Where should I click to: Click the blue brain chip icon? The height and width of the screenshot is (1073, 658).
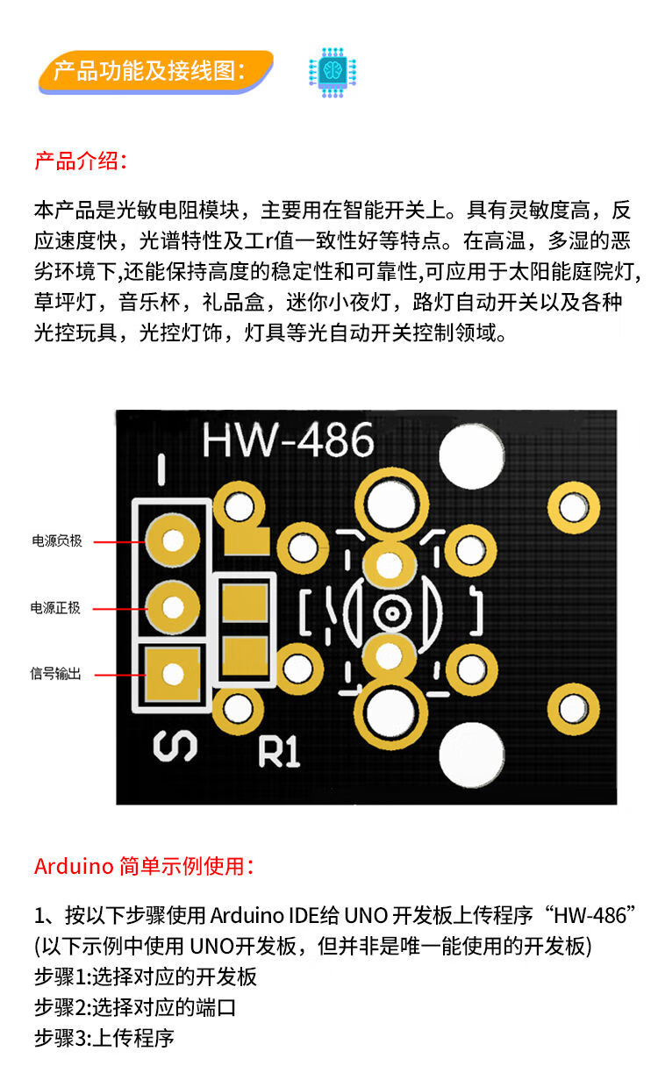pos(333,71)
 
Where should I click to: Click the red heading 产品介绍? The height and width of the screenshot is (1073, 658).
pos(80,161)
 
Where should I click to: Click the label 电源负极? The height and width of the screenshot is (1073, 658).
pos(57,541)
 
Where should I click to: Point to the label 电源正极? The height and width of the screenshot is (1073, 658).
pos(56,607)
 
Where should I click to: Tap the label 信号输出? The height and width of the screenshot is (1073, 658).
pos(56,674)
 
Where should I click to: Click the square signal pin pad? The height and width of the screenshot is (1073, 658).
pos(173,674)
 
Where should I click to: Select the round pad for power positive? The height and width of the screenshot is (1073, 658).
pos(173,606)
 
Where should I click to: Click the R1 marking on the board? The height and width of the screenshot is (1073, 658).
pos(279,751)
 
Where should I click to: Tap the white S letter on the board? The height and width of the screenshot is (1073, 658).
pos(175,747)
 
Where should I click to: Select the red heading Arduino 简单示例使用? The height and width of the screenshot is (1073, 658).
pos(144,867)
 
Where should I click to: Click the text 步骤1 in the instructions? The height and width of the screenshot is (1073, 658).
pos(62,976)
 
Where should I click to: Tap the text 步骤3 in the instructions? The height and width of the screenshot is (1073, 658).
pos(62,1038)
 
